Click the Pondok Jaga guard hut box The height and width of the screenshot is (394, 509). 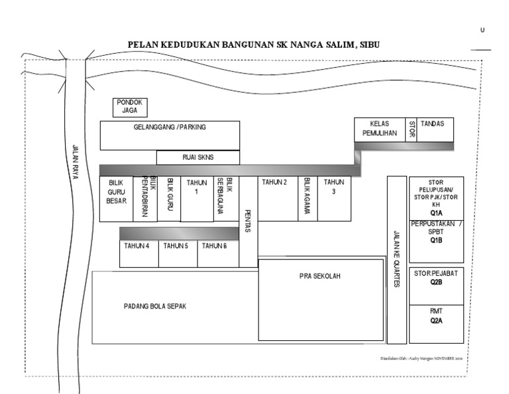click(x=130, y=107)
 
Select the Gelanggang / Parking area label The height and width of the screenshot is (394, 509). click(x=170, y=127)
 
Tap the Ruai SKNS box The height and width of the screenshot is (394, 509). click(x=197, y=157)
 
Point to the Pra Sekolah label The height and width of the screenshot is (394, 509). click(x=319, y=277)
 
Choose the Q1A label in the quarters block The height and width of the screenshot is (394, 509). click(x=436, y=214)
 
